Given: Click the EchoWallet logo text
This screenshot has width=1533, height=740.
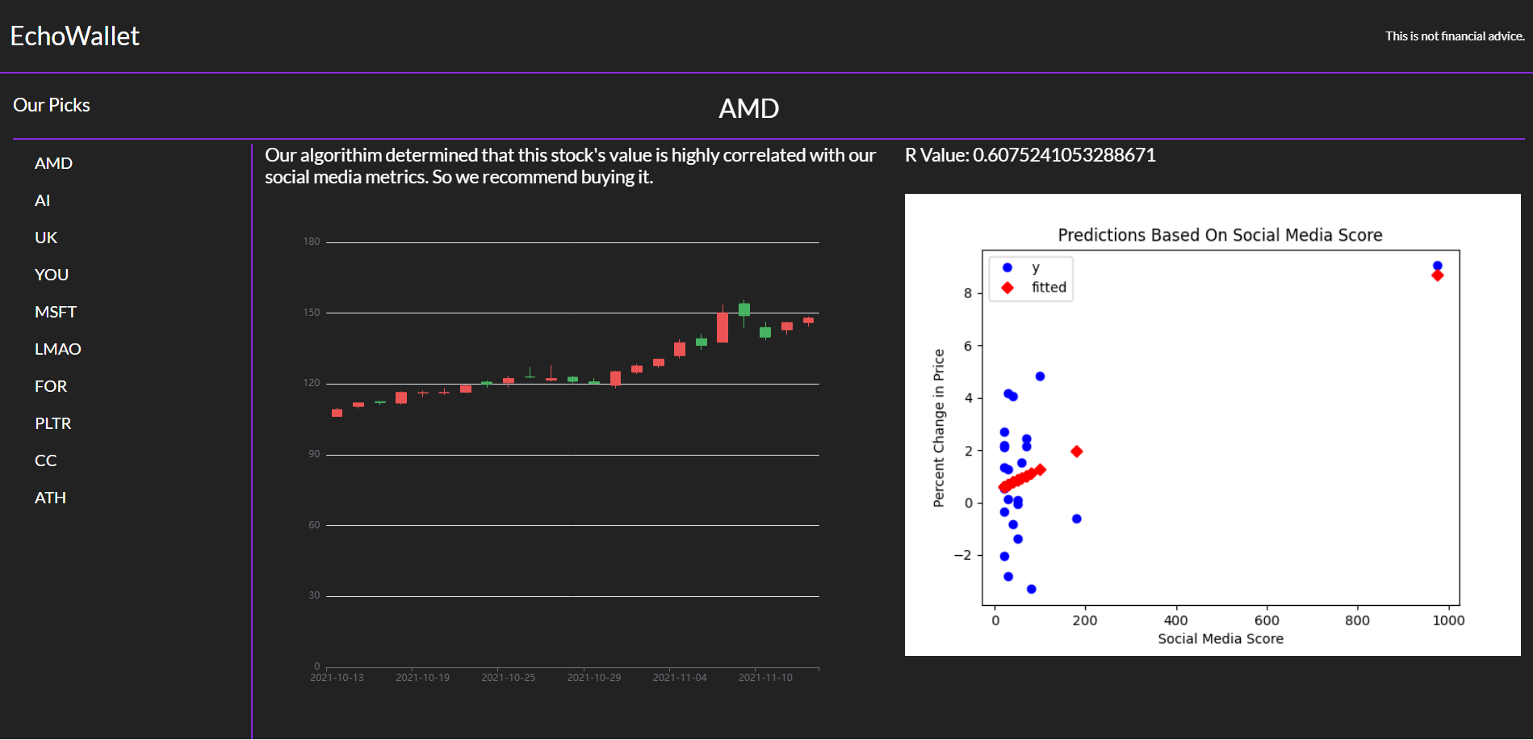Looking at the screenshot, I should click(x=74, y=36).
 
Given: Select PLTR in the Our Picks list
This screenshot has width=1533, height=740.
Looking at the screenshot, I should click(x=52, y=423).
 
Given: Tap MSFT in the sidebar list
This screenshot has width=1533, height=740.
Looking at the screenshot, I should click(x=55, y=312).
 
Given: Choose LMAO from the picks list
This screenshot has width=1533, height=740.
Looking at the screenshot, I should click(x=57, y=349).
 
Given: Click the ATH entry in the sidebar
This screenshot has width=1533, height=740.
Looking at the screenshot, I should click(x=50, y=498).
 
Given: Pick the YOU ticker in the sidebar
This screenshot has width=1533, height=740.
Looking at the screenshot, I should click(x=51, y=275).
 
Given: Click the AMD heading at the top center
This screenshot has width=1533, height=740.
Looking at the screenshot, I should click(x=748, y=108).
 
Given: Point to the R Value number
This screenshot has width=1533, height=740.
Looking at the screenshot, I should click(x=1064, y=155).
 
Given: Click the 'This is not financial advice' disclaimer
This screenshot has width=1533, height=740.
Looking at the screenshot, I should click(x=1455, y=36).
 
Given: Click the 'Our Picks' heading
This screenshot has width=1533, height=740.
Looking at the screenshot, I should click(x=52, y=105).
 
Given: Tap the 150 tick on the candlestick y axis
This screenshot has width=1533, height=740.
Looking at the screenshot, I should click(x=312, y=313).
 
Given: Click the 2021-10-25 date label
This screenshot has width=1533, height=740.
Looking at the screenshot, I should click(x=508, y=678).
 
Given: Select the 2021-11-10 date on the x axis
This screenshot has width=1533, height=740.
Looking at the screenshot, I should click(x=765, y=678).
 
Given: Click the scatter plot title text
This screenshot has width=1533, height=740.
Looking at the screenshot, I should click(x=1220, y=235).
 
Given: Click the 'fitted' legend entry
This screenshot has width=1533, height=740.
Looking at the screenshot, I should click(x=1048, y=288).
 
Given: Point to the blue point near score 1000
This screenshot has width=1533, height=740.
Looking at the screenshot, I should click(x=1437, y=266).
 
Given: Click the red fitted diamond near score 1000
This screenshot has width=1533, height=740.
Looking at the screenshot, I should click(x=1437, y=276).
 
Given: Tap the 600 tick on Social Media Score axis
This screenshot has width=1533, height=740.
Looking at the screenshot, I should click(x=1267, y=620).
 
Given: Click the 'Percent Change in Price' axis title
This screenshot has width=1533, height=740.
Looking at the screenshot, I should click(x=938, y=428).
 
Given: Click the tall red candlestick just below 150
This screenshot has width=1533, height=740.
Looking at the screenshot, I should click(x=723, y=327).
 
